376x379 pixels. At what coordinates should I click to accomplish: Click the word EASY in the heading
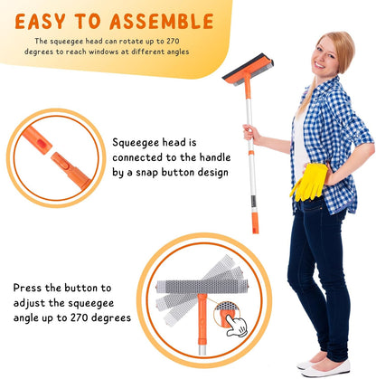[40, 22]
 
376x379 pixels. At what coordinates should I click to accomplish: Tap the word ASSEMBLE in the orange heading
[162, 22]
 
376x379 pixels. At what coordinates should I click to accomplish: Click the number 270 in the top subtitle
[173, 41]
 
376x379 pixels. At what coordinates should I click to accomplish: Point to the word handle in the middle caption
[215, 157]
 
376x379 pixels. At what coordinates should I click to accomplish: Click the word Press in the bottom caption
[28, 288]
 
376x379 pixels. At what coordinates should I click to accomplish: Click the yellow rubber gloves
[309, 182]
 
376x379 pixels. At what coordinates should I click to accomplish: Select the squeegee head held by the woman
[248, 70]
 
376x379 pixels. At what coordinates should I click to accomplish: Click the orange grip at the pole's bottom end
[255, 223]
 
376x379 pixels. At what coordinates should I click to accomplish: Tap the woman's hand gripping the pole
[251, 134]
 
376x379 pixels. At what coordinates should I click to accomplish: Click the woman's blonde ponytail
[305, 97]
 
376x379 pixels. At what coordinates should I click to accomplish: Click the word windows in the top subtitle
[104, 52]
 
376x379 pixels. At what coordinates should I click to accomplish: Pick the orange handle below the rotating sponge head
[202, 320]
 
